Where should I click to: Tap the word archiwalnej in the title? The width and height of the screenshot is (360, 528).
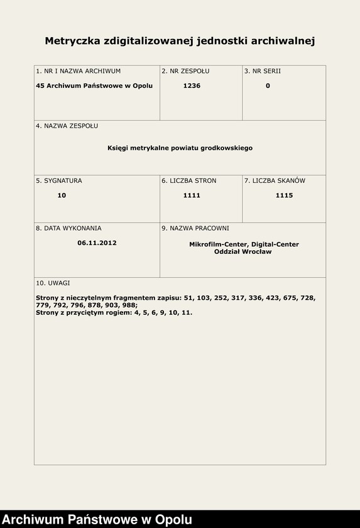click(x=282, y=41)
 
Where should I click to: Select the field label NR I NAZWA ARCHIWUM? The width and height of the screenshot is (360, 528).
click(x=79, y=71)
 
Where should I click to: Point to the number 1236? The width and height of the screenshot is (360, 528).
click(x=192, y=85)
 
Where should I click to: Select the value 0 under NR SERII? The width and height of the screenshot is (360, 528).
click(x=268, y=85)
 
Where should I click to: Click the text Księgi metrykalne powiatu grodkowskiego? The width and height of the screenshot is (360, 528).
click(x=180, y=148)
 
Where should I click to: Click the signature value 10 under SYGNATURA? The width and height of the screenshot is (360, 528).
click(x=62, y=195)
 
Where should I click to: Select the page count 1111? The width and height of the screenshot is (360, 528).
click(x=192, y=195)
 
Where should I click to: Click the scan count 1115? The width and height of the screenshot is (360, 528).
click(x=284, y=195)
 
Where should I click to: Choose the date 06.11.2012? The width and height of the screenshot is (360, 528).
click(x=97, y=243)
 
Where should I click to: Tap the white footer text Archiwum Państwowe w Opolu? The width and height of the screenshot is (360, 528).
click(x=97, y=520)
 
